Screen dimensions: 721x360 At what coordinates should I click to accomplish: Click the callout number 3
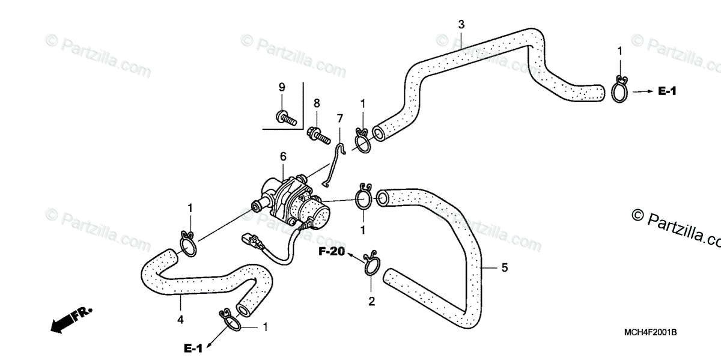(x=461, y=25)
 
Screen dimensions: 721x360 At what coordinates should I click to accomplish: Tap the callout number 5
(x=504, y=267)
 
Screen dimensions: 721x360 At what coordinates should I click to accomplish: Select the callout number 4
(x=180, y=320)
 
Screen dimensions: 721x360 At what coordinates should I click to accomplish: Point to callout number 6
(x=282, y=157)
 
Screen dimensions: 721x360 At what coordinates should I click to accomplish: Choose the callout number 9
(x=281, y=88)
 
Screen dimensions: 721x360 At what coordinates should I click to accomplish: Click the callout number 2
(x=371, y=301)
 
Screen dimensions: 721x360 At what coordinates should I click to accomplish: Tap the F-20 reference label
(x=332, y=252)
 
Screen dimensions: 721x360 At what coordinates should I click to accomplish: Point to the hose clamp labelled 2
(x=371, y=264)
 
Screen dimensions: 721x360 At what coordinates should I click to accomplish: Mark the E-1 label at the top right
(x=667, y=91)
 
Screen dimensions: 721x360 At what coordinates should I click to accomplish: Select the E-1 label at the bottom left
(x=193, y=347)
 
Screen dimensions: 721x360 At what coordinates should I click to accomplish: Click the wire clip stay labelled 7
(x=333, y=162)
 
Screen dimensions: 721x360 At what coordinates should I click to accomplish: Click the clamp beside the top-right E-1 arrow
(x=621, y=90)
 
